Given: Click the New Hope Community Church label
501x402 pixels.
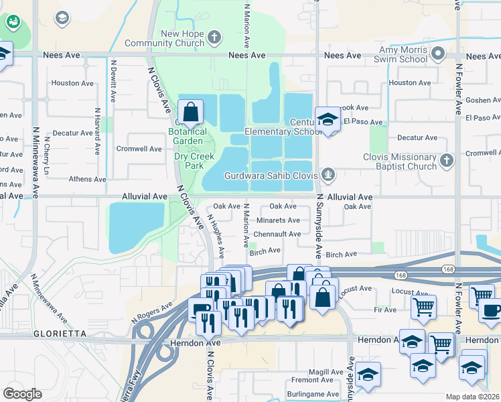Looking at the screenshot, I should point(182,39).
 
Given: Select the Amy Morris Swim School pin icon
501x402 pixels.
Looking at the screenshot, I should point(438,52).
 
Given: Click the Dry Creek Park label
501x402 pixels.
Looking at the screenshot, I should point(194,161).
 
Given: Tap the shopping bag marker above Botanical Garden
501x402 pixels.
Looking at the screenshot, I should point(191,112).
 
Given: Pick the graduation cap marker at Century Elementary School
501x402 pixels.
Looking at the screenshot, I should point(328,120).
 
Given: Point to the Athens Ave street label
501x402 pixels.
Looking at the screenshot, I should point(87,180).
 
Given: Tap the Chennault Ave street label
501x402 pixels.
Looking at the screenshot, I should point(277,234).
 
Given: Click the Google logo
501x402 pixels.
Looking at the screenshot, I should point(22,393).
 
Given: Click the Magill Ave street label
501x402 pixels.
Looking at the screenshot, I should point(326,372).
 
